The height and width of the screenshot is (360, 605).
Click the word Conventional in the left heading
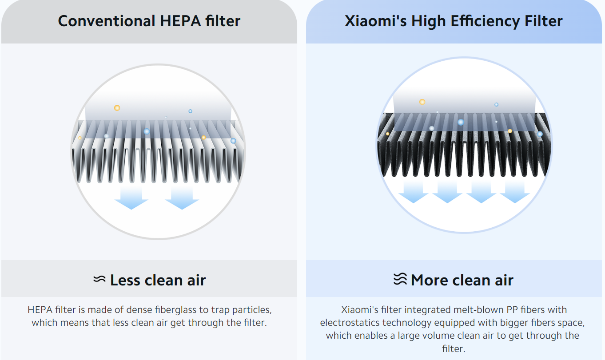pyautogui.click(x=107, y=21)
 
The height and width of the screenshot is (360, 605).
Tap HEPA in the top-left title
pyautogui.click(x=180, y=21)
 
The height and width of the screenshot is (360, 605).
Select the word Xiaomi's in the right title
pyautogui.click(x=375, y=21)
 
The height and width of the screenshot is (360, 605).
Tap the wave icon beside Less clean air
pyautogui.click(x=100, y=279)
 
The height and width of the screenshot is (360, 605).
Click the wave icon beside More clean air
pyautogui.click(x=400, y=279)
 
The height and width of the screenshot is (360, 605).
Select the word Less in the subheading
pyautogui.click(x=125, y=280)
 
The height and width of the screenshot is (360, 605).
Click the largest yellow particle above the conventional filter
pyautogui.click(x=117, y=108)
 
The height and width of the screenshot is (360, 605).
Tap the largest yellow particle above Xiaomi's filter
pyautogui.click(x=422, y=102)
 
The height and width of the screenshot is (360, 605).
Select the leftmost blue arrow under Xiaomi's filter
pyautogui.click(x=413, y=192)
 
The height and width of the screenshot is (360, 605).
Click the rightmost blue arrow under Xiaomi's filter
pyautogui.click(x=515, y=192)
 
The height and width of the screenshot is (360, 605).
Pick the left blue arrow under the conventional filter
pyautogui.click(x=131, y=198)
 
